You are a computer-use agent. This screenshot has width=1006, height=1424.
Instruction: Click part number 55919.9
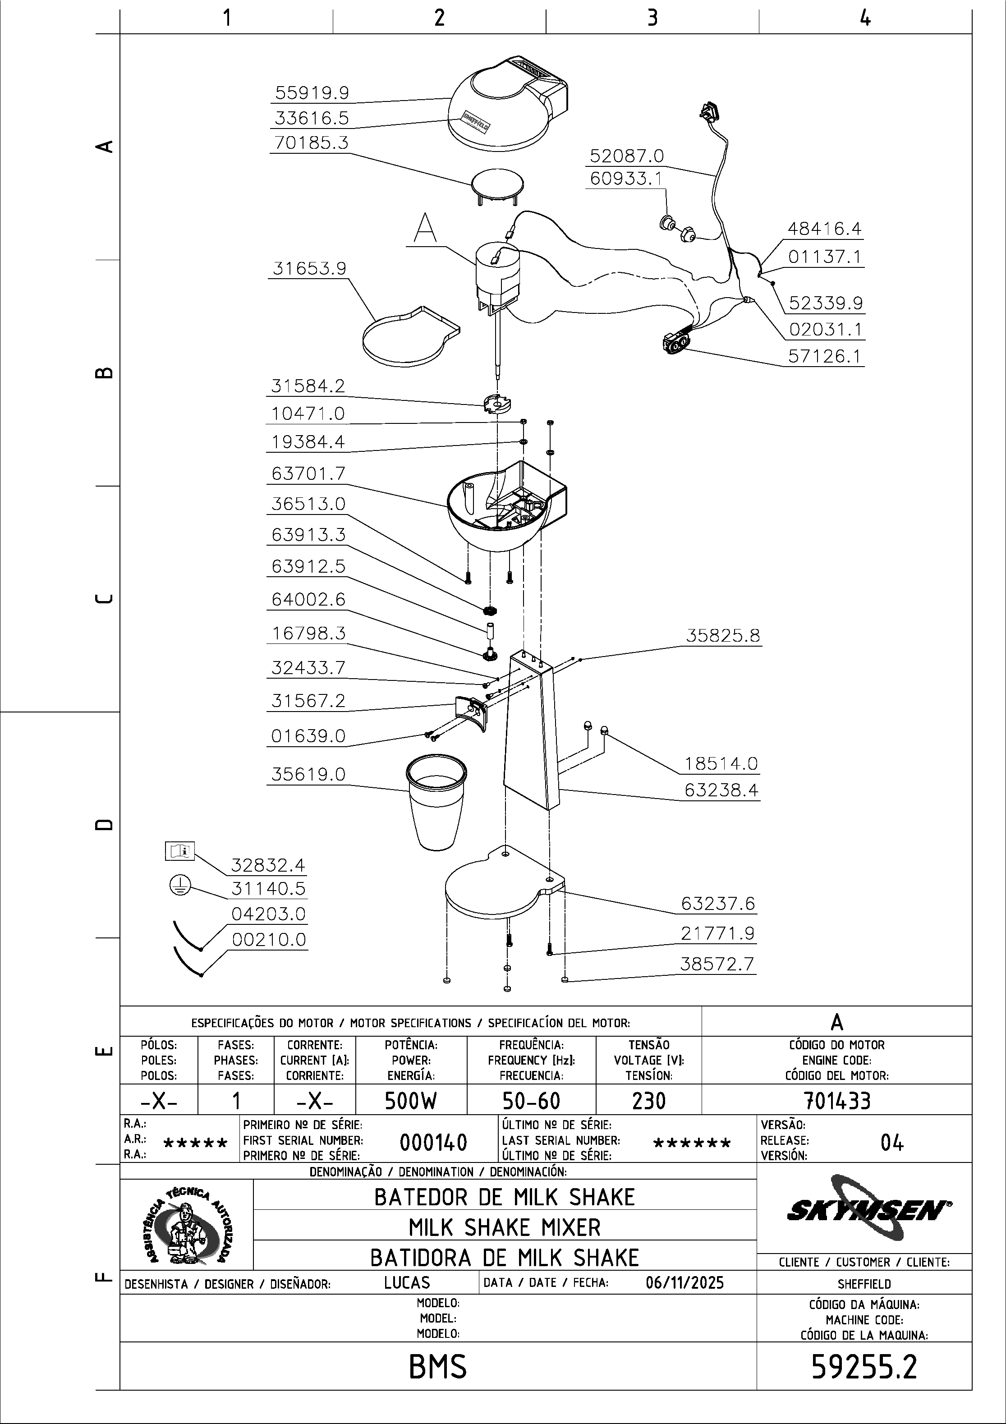(x=312, y=93)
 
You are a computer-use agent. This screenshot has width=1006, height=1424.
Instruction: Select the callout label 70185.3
(x=312, y=142)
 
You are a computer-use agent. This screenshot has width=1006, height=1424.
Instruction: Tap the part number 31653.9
(x=309, y=269)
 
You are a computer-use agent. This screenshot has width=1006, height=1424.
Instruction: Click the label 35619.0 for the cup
(x=308, y=775)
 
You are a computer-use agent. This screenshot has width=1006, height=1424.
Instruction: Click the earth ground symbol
(x=179, y=886)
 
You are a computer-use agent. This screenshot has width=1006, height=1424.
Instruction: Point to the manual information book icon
(x=179, y=851)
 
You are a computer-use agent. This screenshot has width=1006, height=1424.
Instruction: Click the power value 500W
(x=411, y=1101)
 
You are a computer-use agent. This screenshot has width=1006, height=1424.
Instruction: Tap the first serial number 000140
(x=433, y=1142)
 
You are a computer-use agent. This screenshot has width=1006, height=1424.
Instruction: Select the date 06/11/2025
(x=684, y=1282)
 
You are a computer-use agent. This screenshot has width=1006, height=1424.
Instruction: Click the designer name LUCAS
(x=407, y=1282)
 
